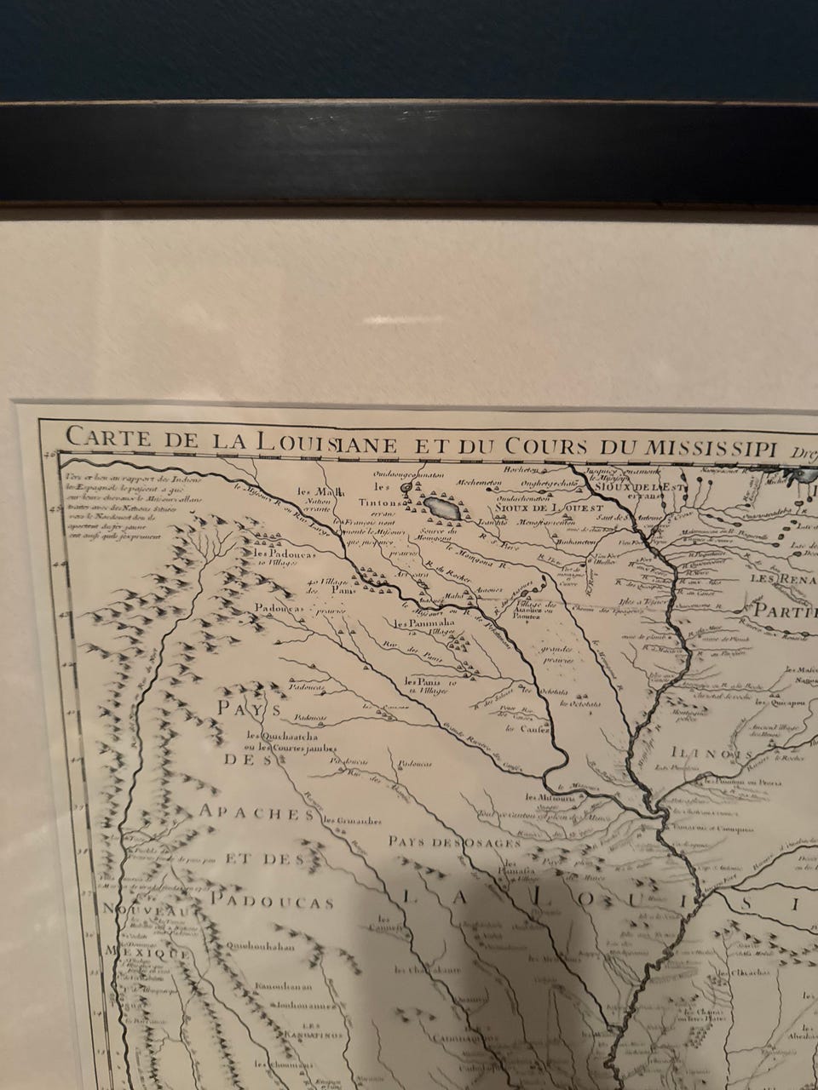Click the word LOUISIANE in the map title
[306, 442]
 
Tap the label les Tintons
[395, 497]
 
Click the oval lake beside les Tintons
[443, 509]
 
